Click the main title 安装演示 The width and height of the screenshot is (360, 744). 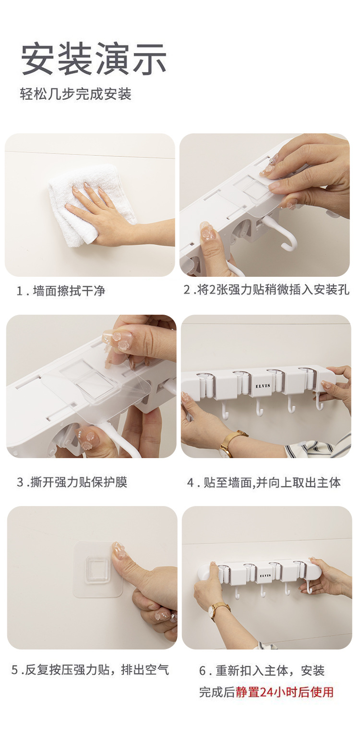pyautogui.click(x=94, y=59)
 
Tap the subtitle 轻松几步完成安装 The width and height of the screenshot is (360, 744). pyautogui.click(x=75, y=94)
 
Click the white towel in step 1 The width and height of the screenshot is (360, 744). pyautogui.click(x=77, y=206)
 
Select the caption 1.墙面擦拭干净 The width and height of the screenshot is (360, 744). pyautogui.click(x=60, y=291)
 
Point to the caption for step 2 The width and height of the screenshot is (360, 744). pyautogui.click(x=266, y=290)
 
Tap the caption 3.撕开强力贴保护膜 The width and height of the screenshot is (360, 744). pyautogui.click(x=72, y=482)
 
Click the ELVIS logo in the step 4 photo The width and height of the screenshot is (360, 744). pyautogui.click(x=262, y=385)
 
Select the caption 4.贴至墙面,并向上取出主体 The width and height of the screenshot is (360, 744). pyautogui.click(x=264, y=482)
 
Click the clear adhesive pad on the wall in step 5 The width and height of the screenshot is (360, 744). pyautogui.click(x=98, y=571)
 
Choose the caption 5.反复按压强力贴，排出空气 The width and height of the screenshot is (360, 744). pyautogui.click(x=90, y=670)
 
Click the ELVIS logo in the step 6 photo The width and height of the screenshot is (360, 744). pyautogui.click(x=265, y=575)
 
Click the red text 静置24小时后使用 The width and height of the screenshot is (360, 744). pyautogui.click(x=284, y=692)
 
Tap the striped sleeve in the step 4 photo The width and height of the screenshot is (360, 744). pyautogui.click(x=319, y=449)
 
